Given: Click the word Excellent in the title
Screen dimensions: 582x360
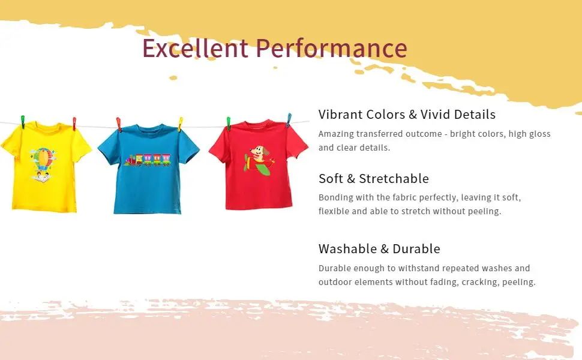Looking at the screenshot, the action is [195, 48].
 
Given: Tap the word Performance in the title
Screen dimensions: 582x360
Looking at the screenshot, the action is [331, 48].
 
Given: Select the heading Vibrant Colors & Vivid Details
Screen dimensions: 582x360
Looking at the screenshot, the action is [407, 115].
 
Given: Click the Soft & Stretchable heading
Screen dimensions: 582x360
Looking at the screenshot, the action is [373, 179].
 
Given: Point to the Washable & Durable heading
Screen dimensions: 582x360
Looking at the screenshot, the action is [379, 248].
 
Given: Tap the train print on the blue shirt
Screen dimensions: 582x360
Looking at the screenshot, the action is [148, 160].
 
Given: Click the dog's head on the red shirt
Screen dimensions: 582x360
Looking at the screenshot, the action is [259, 152].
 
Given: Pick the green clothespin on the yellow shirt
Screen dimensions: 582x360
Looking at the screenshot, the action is [23, 122].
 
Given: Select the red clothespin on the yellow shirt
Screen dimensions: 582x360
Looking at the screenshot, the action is [74, 124].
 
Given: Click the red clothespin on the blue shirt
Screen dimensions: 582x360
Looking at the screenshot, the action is [119, 124].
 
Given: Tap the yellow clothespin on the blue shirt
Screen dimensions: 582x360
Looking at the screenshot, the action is [181, 124].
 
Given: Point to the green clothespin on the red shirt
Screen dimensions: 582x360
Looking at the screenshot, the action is [229, 124].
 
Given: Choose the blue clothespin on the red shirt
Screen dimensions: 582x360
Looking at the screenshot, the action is [289, 120].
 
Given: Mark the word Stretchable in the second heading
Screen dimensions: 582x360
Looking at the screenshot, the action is [394, 179].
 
